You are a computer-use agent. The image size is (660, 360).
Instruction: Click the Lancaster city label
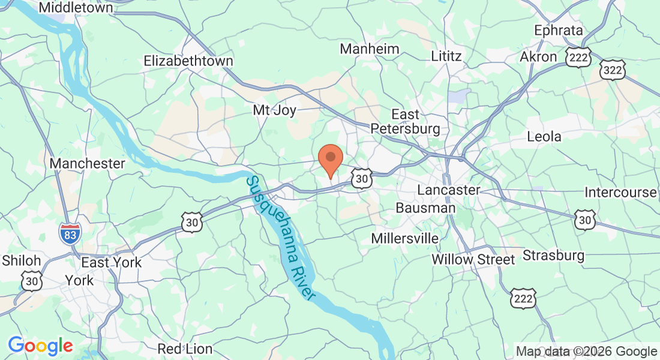click(x=449, y=190)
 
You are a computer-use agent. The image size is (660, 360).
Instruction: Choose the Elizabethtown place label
click(x=188, y=61)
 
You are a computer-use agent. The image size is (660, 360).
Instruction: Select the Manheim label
click(x=370, y=49)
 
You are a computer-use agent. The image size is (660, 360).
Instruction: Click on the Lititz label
click(x=446, y=56)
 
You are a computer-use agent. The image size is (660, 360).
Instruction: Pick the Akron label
click(x=538, y=57)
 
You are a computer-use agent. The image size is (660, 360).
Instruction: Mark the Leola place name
click(x=544, y=136)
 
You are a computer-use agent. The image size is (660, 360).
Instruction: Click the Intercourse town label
click(x=621, y=193)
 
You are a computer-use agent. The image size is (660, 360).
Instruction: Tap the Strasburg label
click(x=553, y=256)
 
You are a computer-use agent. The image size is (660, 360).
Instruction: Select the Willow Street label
click(x=473, y=260)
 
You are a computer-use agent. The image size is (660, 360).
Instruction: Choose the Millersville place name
click(x=405, y=238)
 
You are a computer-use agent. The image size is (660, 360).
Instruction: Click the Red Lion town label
click(x=185, y=349)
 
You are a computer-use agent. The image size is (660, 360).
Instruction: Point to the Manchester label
click(x=88, y=163)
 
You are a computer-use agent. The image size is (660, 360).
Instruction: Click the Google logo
click(x=40, y=346)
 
